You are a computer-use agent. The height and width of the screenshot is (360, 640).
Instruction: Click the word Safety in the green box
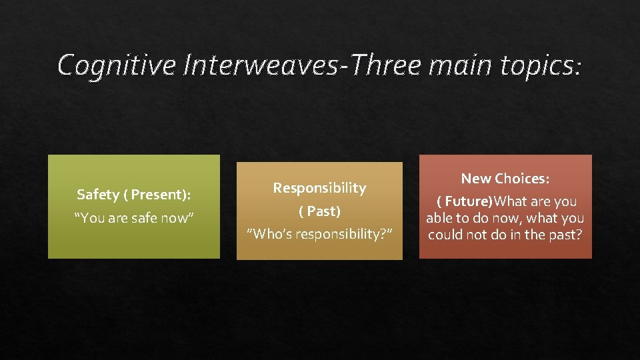pos(97,195)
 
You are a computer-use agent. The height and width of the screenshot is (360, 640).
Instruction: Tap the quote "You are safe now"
pos(133,217)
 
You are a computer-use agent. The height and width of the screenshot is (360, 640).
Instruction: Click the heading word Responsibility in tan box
pos(319,188)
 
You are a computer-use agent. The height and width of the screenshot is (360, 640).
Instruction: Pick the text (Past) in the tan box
pos(319,211)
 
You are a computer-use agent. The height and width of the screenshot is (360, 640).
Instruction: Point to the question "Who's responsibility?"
pos(319,234)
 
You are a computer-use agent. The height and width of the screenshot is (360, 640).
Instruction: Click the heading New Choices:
pos(505,178)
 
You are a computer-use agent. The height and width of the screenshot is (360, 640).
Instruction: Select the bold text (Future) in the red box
pos(465,201)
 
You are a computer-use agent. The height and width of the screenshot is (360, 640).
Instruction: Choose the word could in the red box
pos(445,235)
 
